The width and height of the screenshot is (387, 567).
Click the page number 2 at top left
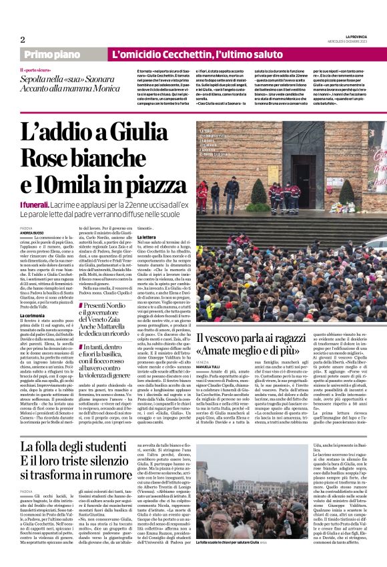click(23, 39)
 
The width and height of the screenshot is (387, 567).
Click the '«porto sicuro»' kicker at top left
click(37, 69)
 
